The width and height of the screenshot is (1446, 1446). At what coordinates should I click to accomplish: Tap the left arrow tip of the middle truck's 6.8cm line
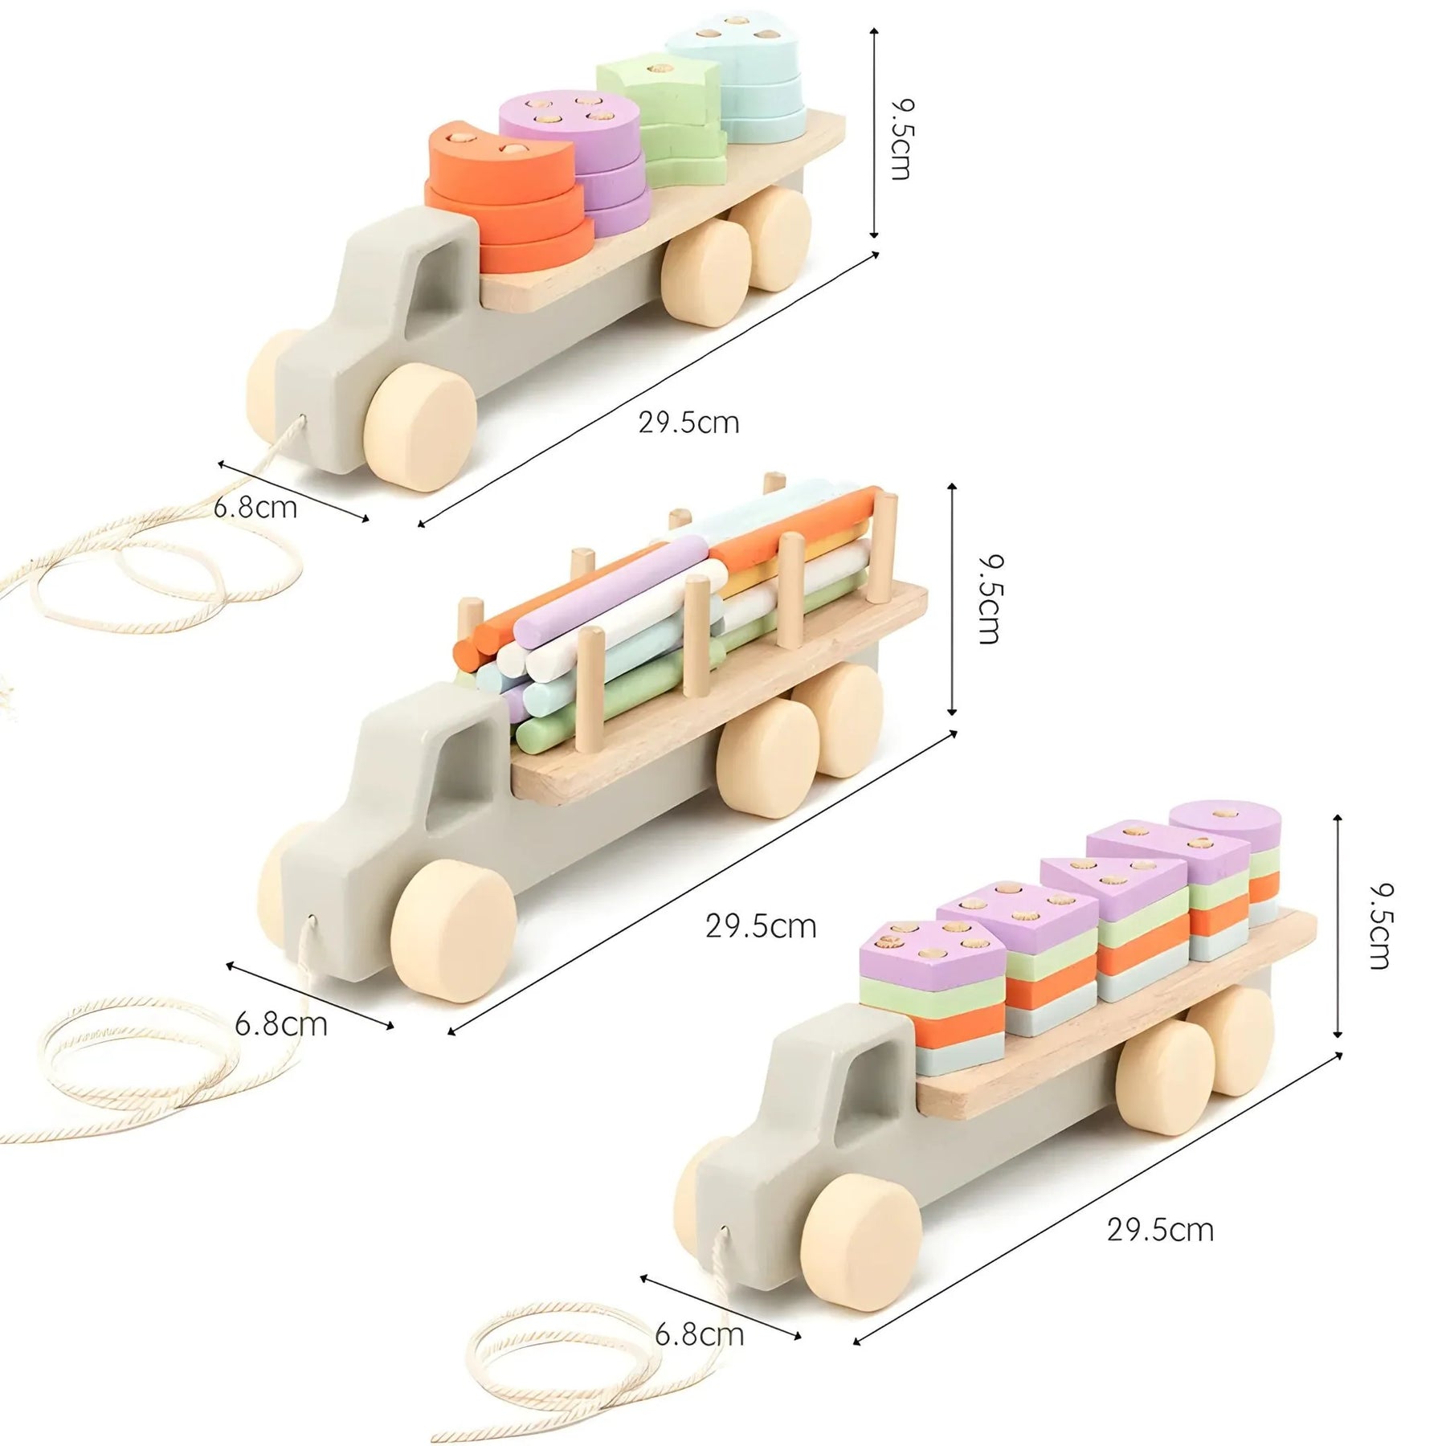227,965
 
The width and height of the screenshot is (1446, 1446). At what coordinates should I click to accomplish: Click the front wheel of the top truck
419,427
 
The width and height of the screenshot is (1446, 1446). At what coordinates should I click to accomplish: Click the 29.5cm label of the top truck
688,423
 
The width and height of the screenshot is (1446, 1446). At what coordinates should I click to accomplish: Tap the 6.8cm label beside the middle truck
280,1024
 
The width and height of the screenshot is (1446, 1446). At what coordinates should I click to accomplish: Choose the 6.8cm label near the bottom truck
699,1334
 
